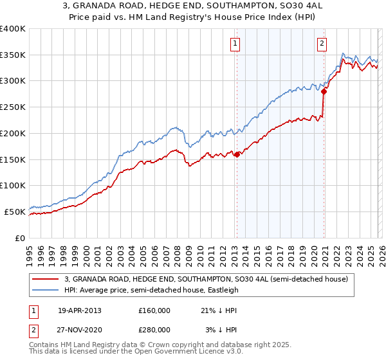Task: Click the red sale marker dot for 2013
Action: pos(237,154)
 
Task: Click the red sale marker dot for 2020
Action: pos(324,91)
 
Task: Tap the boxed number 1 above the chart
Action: pos(236,44)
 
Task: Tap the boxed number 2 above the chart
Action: pos(322,44)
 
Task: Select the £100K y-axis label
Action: pos(13,185)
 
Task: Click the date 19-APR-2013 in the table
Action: pos(79,310)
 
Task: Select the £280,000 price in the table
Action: pos(154,330)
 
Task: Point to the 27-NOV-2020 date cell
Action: pos(80,330)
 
